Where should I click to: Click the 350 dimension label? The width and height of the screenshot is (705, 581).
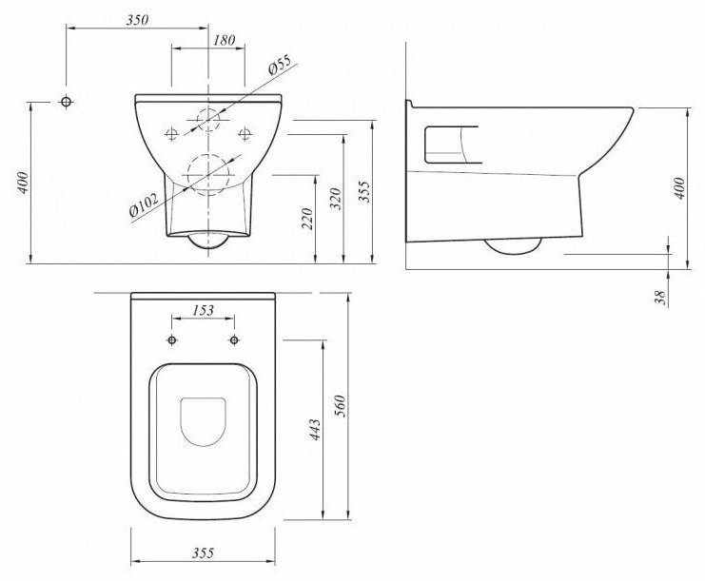pos(137,20)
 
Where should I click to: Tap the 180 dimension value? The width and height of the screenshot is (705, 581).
pos(224,41)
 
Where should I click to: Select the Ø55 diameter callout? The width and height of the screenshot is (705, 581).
pos(280,65)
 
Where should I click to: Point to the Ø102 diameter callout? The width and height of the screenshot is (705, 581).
pos(144,204)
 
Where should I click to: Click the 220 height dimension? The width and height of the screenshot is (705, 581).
pos(307,219)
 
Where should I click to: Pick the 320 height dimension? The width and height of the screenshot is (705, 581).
pos(336,199)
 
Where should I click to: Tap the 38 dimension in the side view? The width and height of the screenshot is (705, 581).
pos(660,298)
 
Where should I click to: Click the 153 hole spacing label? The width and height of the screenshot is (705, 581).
pos(204,310)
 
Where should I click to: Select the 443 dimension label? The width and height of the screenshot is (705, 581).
pos(316,430)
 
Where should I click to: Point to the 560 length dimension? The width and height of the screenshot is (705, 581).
pos(342,406)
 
